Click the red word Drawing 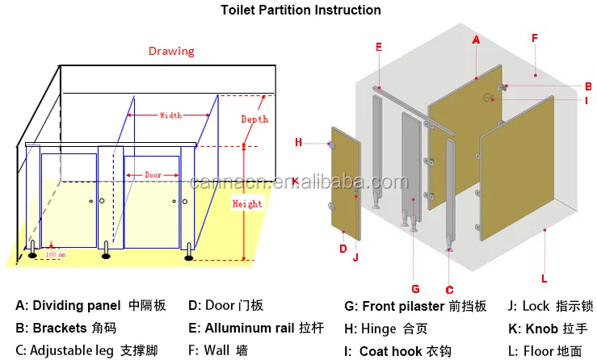click(x=170, y=51)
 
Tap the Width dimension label click(x=170, y=115)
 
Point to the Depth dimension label click(x=254, y=119)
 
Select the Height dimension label click(x=246, y=203)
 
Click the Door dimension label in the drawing click(x=153, y=175)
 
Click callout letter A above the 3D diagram click(x=476, y=40)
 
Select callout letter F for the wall click(x=535, y=38)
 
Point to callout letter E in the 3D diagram click(x=378, y=47)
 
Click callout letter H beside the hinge click(x=298, y=142)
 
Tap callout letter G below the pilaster click(x=415, y=287)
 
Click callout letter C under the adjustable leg click(x=450, y=289)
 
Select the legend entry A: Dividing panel click(x=90, y=306)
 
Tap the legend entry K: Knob click(x=551, y=329)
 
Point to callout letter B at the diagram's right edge click(x=588, y=86)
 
